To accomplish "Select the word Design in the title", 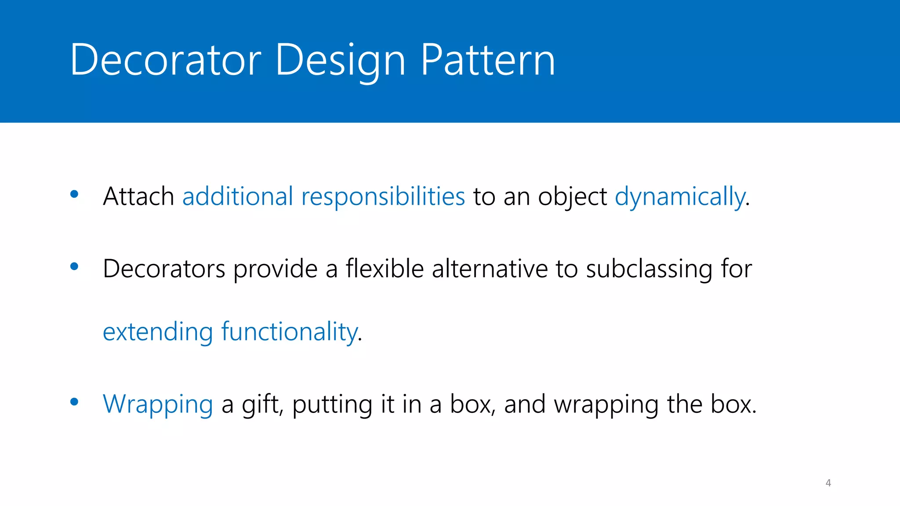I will coord(341,60).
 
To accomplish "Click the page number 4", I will coord(828,483).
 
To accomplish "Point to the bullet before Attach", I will coord(74,194).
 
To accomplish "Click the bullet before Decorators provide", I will coord(74,266).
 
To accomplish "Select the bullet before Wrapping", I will coord(74,401).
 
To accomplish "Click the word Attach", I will coord(138,196).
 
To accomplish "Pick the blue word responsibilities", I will coord(383,197).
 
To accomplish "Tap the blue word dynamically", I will coord(680,197).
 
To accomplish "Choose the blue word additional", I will coord(237,196).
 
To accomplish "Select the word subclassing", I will coord(649,269).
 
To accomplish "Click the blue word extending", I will coord(158,332).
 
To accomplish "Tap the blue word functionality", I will coord(290,332).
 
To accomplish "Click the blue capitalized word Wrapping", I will coord(158,405).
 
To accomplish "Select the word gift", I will coord(261,405).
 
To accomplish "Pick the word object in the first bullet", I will coord(572,197).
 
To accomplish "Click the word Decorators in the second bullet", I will coord(164,268).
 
